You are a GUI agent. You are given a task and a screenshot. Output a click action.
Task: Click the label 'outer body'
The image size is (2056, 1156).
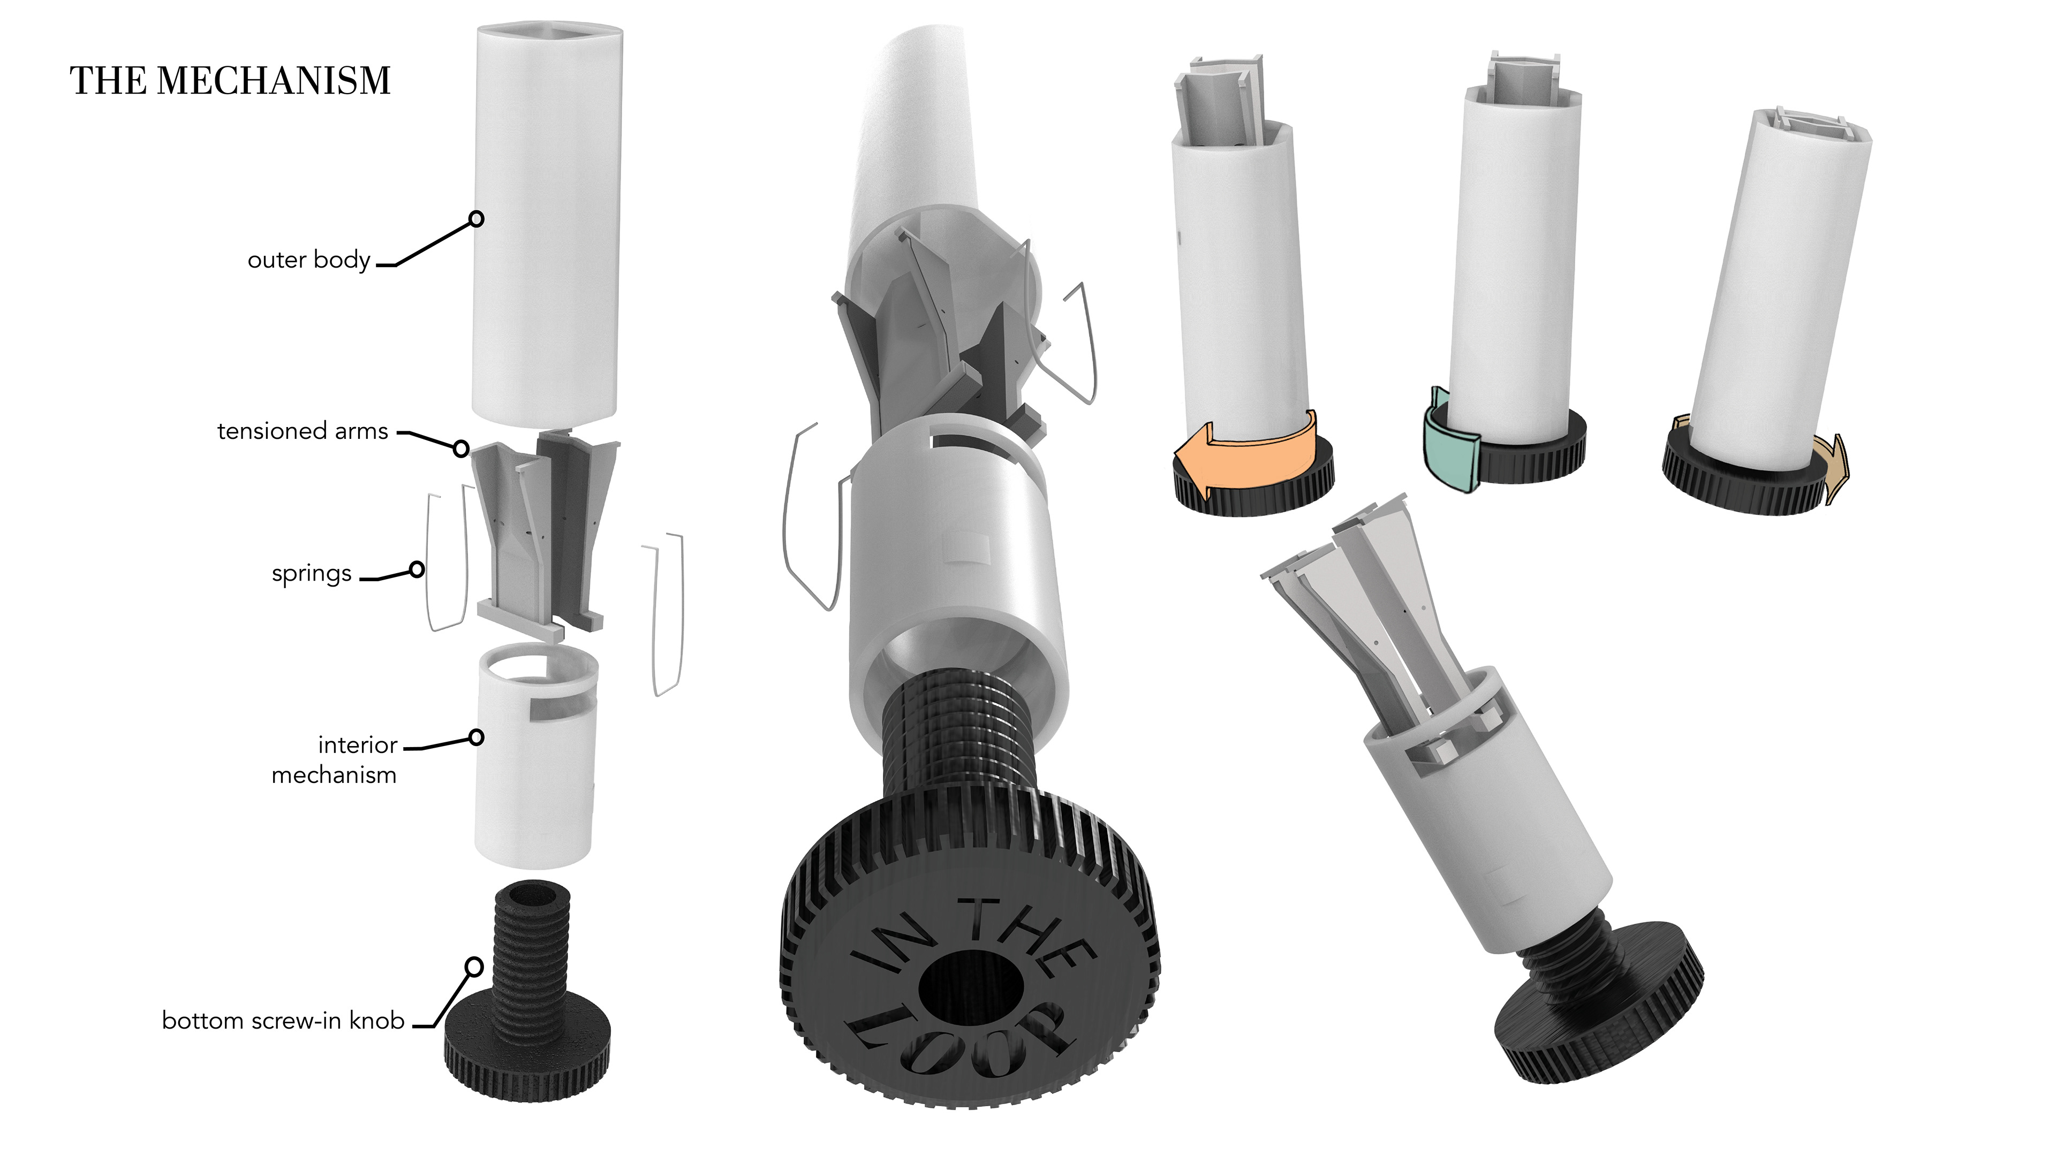309,260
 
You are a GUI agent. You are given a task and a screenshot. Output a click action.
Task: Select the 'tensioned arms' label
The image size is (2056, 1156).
303,431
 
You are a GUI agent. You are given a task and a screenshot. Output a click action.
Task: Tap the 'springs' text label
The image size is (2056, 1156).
311,574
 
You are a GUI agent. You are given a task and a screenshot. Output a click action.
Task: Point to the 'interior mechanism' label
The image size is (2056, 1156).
335,759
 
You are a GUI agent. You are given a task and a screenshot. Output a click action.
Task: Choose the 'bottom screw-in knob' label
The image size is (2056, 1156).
283,1021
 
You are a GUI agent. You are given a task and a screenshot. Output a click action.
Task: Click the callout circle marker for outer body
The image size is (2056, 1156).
477,218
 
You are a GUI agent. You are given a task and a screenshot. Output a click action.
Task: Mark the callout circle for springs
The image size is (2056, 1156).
417,569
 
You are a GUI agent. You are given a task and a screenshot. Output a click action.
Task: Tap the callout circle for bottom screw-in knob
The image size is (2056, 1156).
474,967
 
